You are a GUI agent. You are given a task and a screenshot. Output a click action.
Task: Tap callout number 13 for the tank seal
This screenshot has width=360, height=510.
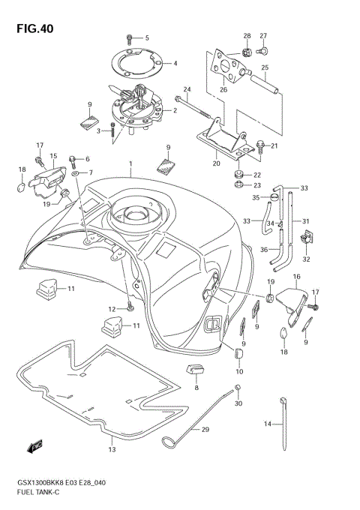click(x=112, y=450)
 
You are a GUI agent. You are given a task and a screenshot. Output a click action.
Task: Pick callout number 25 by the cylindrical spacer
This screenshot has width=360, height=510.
click(x=264, y=67)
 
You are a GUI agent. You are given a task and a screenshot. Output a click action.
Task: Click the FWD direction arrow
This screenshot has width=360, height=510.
click(x=35, y=448)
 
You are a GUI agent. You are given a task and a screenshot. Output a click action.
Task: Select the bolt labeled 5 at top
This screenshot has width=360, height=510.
click(x=130, y=37)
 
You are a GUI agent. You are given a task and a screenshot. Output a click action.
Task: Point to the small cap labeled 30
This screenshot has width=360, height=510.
click(x=237, y=388)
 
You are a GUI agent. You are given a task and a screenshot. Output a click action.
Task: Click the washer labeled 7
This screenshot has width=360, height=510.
click(x=77, y=173)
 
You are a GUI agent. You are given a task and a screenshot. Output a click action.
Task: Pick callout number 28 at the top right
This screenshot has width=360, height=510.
click(x=246, y=35)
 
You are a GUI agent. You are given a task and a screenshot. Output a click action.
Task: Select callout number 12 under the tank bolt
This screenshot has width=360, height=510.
click(x=111, y=309)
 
